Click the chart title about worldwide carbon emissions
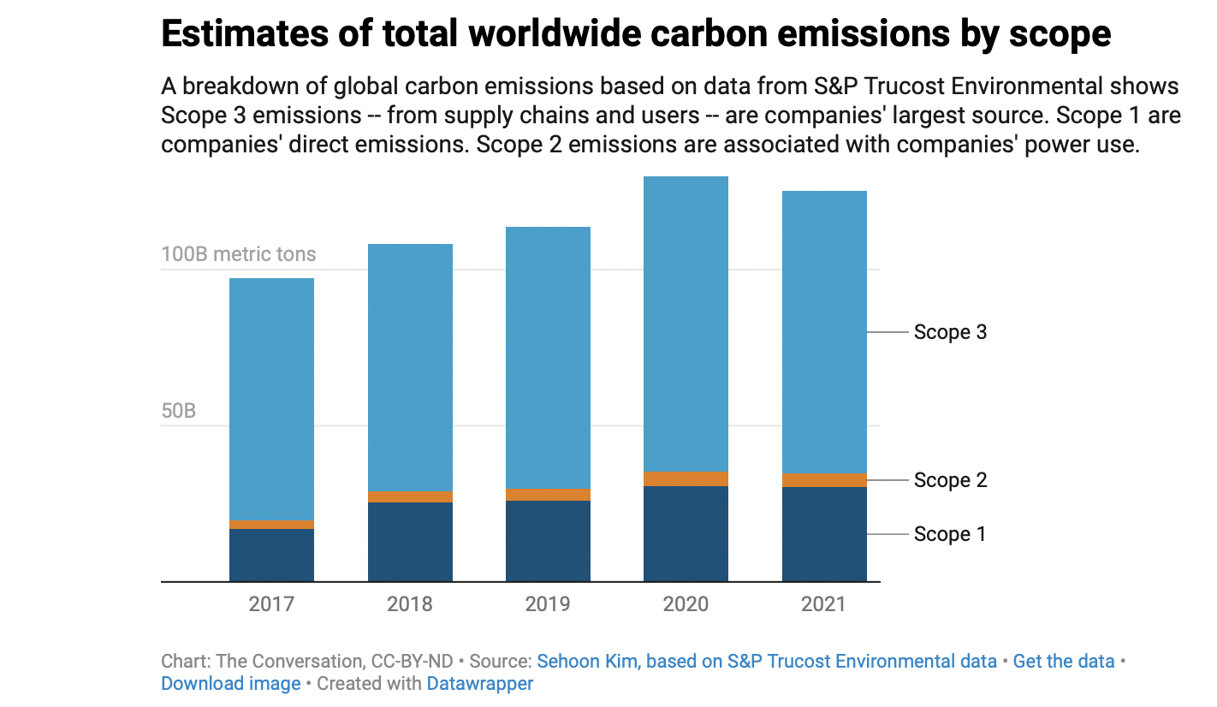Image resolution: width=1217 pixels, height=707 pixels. tap(636, 35)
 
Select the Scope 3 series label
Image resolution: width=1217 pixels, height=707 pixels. tap(950, 332)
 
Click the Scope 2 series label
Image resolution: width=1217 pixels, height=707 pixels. tap(950, 480)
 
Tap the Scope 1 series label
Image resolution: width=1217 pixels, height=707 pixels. tap(950, 534)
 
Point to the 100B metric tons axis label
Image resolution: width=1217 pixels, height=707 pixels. tap(239, 254)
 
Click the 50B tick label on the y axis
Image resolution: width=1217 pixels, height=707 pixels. tap(179, 411)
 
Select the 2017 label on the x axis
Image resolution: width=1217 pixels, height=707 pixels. tap(271, 604)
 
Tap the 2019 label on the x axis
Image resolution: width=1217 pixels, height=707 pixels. tap(548, 604)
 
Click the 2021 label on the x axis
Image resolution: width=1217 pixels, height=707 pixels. tap(823, 604)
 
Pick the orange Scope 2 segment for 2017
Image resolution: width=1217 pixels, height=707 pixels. tap(271, 525)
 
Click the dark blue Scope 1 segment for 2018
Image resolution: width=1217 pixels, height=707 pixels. tap(410, 542)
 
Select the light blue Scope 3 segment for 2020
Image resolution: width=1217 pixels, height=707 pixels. tap(686, 324)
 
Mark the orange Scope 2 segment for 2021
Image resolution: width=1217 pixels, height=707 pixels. tap(824, 480)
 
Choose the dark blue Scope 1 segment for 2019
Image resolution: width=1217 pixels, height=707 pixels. tap(548, 541)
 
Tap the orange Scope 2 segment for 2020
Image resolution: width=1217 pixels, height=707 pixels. tap(686, 479)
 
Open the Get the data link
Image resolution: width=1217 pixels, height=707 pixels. tap(1064, 662)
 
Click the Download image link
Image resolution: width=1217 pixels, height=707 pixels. tap(231, 684)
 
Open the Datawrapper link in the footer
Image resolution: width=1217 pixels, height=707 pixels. tap(480, 684)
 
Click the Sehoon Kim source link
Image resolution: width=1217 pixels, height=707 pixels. tap(767, 662)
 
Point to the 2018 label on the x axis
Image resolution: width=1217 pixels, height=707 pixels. tap(410, 604)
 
